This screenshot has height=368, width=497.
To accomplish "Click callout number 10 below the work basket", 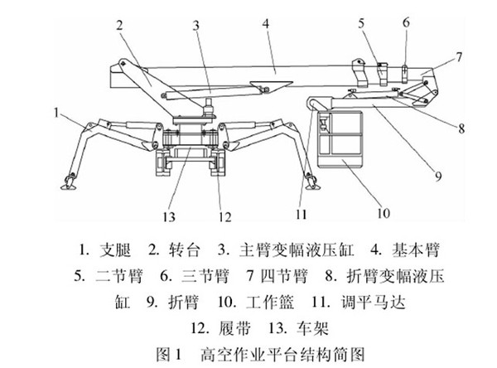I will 384,211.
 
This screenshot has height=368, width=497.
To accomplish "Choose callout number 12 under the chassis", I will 221,218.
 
